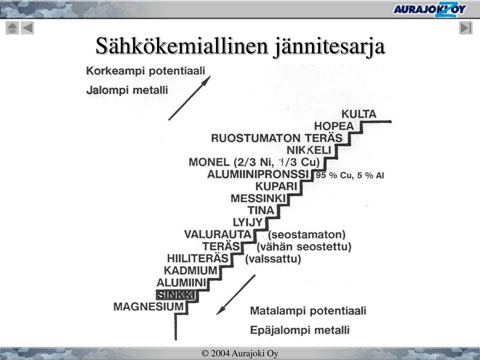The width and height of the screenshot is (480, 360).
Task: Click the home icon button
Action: pos(12,28)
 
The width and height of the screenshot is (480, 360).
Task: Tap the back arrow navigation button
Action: pos(27,28)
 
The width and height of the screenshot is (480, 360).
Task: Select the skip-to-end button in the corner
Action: pos(465,28)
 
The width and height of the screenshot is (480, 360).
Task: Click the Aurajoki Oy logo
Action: pos(429,9)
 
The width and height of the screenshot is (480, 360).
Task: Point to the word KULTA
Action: pos(359,114)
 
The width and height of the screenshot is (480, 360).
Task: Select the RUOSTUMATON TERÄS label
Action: pos(276,138)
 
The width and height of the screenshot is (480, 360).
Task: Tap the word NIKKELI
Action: pos(309,150)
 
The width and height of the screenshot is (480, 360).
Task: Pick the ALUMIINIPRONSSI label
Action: pos(258,174)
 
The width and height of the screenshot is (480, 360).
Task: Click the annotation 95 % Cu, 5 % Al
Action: pos(350,175)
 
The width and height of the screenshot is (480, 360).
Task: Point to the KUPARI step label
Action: pos(276,186)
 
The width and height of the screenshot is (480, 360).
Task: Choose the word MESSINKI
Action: pos(258,198)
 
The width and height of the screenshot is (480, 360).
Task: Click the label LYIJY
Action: pos(248,222)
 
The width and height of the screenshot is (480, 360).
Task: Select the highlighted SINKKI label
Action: pos(175,295)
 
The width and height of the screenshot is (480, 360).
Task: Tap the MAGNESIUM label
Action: pos(148,306)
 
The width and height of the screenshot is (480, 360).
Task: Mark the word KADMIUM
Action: pos(190,270)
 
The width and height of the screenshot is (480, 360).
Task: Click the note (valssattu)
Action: pos(273,259)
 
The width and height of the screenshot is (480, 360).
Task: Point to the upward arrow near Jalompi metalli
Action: pos(189,98)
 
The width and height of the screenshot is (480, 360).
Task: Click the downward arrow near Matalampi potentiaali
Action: pos(235,295)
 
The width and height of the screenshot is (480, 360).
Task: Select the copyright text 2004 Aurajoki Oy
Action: pos(239,353)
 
